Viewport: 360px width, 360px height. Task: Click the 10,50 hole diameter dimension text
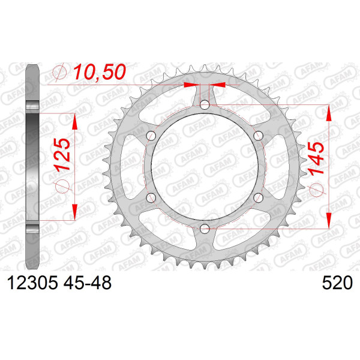click(100, 72)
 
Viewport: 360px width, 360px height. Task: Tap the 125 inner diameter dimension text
click(62, 155)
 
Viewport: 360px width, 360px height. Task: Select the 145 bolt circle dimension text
click(316, 158)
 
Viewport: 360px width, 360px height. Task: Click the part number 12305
click(32, 283)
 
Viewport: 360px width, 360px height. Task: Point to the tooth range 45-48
click(88, 283)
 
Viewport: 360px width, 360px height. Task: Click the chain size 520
click(337, 283)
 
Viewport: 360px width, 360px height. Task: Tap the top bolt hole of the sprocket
click(205, 105)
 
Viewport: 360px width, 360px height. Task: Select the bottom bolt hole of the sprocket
click(205, 229)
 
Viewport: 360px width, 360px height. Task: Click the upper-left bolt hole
click(151, 136)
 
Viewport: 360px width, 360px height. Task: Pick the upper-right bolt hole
click(258, 136)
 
